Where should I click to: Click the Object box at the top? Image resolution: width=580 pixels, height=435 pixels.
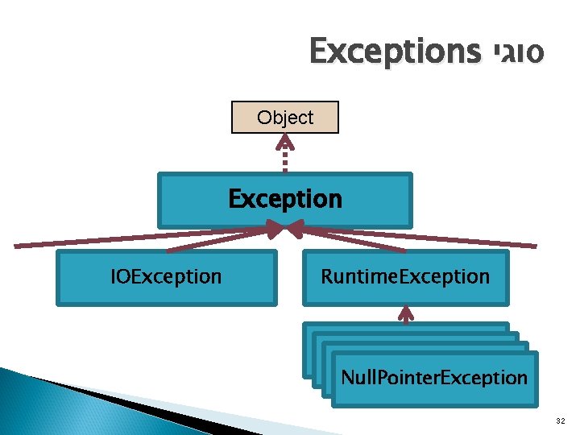tap(284, 118)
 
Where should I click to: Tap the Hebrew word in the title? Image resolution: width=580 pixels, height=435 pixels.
tap(515, 52)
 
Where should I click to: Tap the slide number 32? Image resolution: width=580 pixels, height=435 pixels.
tap(559, 421)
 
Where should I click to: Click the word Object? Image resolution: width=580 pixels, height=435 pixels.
tap(285, 118)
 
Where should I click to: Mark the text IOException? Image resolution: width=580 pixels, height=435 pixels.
tap(166, 277)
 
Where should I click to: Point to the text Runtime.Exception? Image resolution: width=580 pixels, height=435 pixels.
tap(405, 277)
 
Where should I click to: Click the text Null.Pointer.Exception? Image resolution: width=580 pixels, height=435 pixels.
tap(434, 377)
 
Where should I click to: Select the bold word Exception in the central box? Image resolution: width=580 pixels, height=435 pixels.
tap(285, 198)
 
